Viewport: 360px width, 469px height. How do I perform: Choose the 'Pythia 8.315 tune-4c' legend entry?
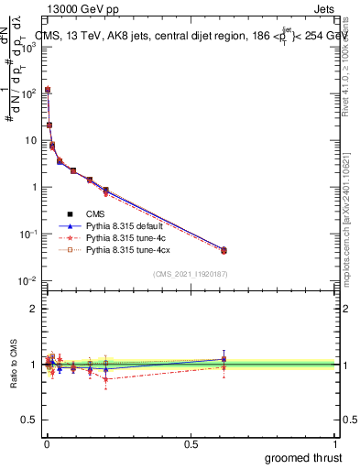(126, 237)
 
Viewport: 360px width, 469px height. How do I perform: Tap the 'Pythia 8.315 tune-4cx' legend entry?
(129, 249)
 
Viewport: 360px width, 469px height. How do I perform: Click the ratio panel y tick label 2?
(32, 309)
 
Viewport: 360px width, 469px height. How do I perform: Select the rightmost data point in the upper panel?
(224, 250)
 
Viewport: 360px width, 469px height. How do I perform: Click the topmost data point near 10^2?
(47, 90)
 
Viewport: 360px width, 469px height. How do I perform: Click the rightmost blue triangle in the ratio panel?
(224, 359)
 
